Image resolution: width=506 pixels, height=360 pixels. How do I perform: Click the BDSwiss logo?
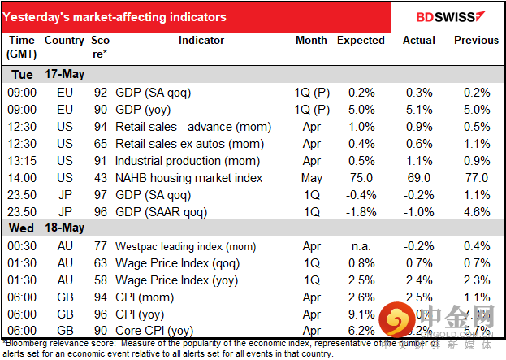click(449, 16)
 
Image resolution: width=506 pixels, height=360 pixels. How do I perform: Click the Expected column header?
click(361, 40)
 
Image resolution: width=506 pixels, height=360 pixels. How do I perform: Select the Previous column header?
click(476, 40)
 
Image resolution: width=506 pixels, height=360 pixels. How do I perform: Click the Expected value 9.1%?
click(361, 314)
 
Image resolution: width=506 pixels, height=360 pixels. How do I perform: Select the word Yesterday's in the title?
click(40, 17)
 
